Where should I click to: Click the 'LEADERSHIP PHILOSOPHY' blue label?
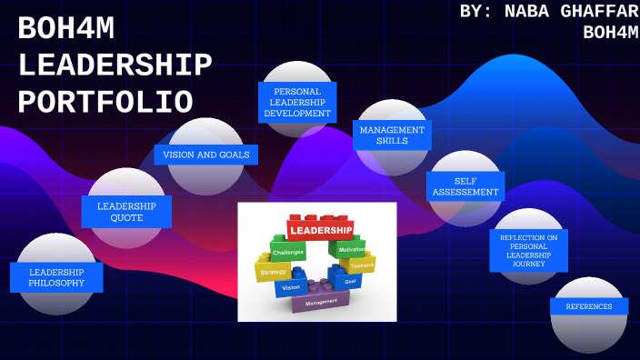56,277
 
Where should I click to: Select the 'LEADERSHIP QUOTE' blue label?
126,212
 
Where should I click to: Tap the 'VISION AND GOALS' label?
206,155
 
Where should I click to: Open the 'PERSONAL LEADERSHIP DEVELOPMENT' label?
297,102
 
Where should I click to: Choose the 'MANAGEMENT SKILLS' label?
392,135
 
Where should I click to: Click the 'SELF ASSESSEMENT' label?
465,186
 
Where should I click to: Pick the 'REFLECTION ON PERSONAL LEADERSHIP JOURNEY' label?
528,250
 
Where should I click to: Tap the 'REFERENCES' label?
589,306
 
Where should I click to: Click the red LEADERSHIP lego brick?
319,225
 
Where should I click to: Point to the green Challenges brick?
288,250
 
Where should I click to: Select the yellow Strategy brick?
273,271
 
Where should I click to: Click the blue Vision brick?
291,286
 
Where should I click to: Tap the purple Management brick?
322,301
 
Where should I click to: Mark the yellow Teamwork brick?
362,265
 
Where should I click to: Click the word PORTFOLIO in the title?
105,100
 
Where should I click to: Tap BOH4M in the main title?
66,30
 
